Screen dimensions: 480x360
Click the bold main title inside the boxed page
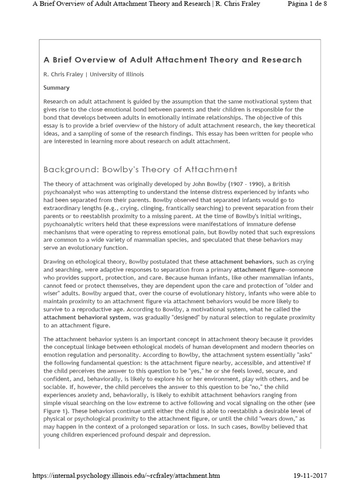pyautogui.click(x=172, y=60)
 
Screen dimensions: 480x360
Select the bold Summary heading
pyautogui.click(x=56, y=88)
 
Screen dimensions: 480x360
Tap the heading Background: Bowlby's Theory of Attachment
pyautogui.click(x=141, y=169)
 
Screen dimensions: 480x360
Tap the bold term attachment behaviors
pyautogui.click(x=241, y=262)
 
